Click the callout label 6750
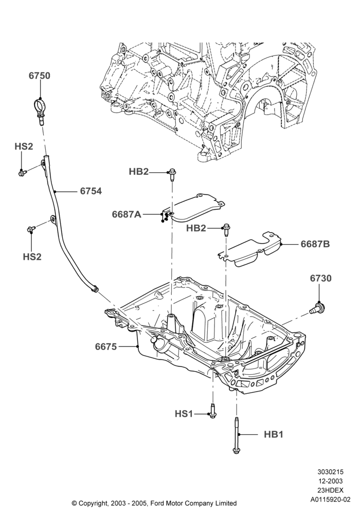40,76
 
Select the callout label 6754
91,191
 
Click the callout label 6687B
315,244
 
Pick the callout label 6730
320,278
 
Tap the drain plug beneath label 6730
317,308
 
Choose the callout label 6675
106,346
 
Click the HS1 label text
184,414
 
